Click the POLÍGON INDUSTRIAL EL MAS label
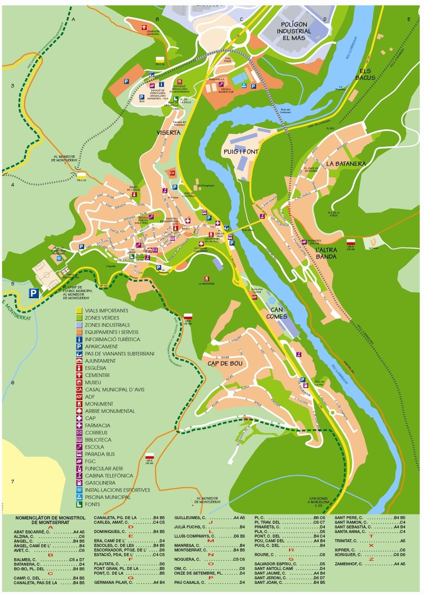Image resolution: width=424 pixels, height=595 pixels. [x=296, y=31]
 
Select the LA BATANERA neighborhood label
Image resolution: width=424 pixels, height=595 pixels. [x=346, y=164]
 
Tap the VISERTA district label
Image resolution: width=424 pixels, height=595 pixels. [x=168, y=132]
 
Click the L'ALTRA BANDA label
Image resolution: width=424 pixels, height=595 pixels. [x=326, y=253]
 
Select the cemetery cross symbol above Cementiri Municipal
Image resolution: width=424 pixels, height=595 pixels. [x=144, y=27]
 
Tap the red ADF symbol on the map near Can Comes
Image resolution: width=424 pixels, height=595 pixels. [x=254, y=297]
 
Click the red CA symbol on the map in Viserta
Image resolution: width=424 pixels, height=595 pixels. [x=172, y=173]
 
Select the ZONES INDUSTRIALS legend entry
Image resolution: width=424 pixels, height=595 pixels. [x=103, y=325]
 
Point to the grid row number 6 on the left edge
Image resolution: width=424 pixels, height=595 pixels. [x=13, y=382]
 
